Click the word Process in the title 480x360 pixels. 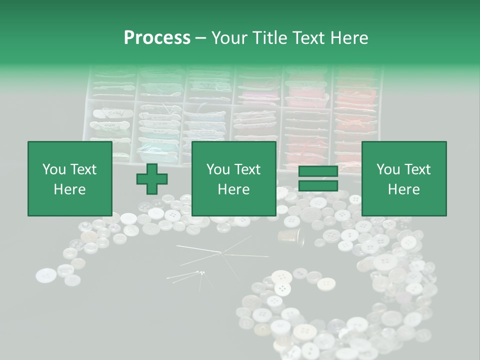click(157, 38)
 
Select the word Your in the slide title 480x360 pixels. click(228, 38)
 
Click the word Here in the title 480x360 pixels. click(348, 38)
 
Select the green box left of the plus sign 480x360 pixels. click(70, 178)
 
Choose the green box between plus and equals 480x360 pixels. click(233, 178)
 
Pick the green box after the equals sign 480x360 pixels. click(403, 178)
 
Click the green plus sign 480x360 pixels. click(152, 178)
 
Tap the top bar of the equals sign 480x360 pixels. click(318, 171)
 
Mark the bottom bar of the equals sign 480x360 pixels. click(318, 185)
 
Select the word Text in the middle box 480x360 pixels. click(248, 169)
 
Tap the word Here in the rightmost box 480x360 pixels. click(403, 189)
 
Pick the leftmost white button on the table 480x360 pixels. click(46, 274)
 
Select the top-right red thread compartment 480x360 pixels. click(356, 85)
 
